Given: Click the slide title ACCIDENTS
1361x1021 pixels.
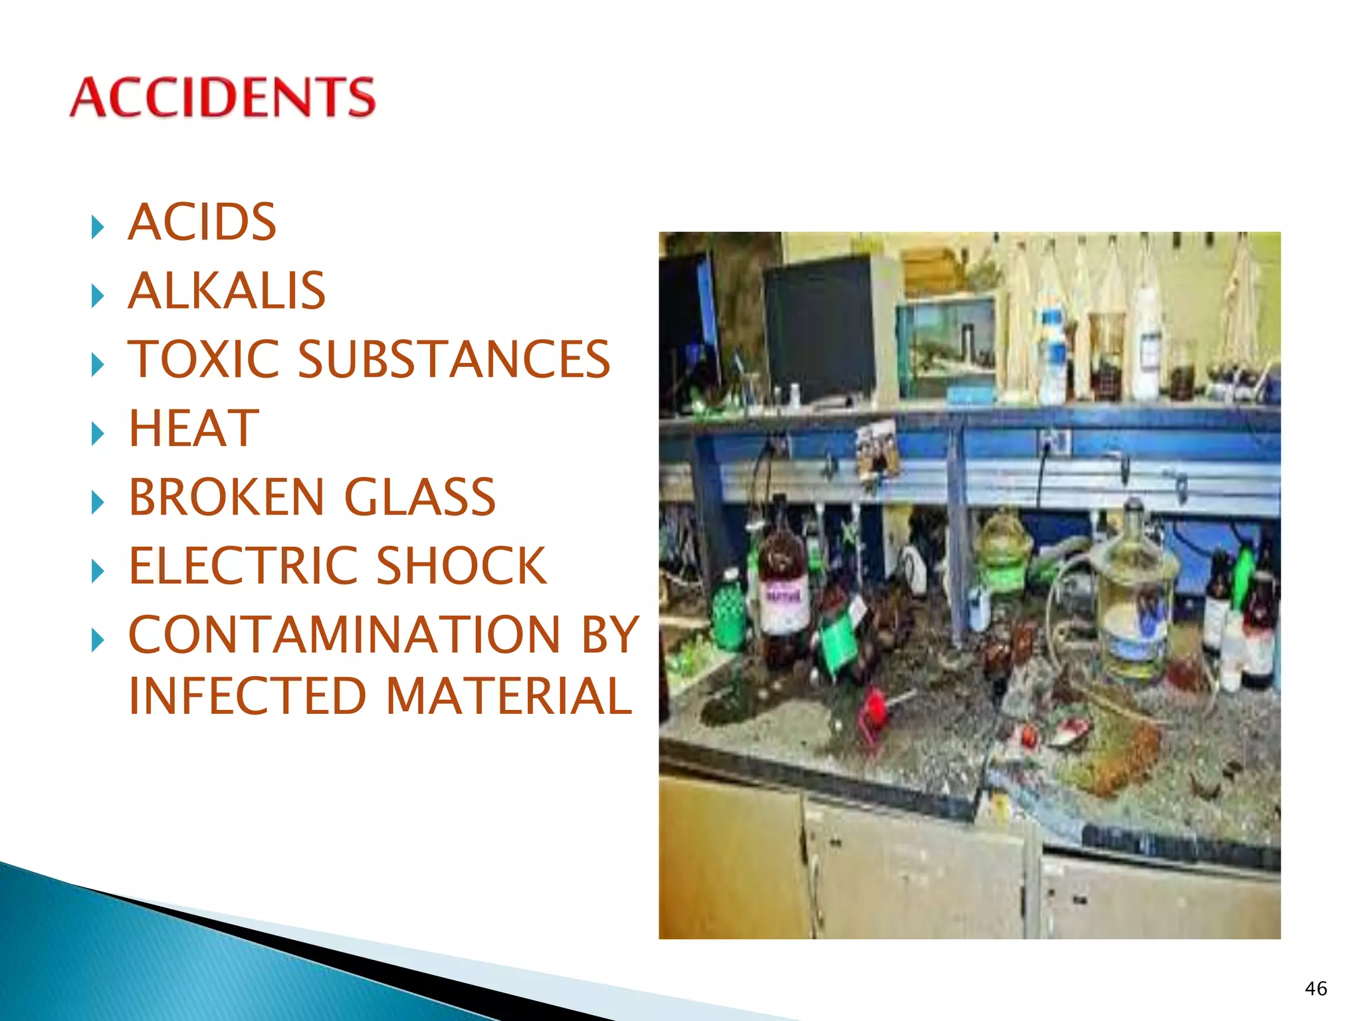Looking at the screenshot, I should tap(223, 97).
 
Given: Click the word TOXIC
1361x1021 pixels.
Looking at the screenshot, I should tap(203, 359).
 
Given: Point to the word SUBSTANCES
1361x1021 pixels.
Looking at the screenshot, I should tap(454, 359).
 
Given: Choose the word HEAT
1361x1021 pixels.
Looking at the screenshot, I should tap(193, 428).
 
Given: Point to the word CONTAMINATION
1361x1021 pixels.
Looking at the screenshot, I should tap(345, 634).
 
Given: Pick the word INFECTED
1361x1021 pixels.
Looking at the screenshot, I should tap(247, 696).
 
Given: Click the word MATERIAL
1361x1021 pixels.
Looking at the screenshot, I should tap(508, 696).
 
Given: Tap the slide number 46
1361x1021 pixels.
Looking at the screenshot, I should tap(1316, 988).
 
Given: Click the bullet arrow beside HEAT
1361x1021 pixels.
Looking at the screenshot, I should tap(98, 433).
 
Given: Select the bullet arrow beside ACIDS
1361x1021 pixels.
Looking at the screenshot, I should tap(98, 227).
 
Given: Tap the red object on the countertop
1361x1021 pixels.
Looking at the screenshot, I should tap(875, 708).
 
